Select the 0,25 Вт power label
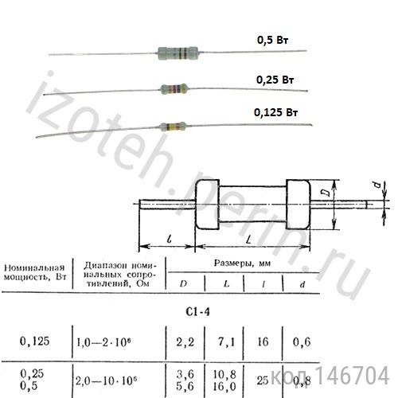[275, 80]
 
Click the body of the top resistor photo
[176, 53]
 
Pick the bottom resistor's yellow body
[175, 126]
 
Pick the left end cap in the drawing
[205, 205]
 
